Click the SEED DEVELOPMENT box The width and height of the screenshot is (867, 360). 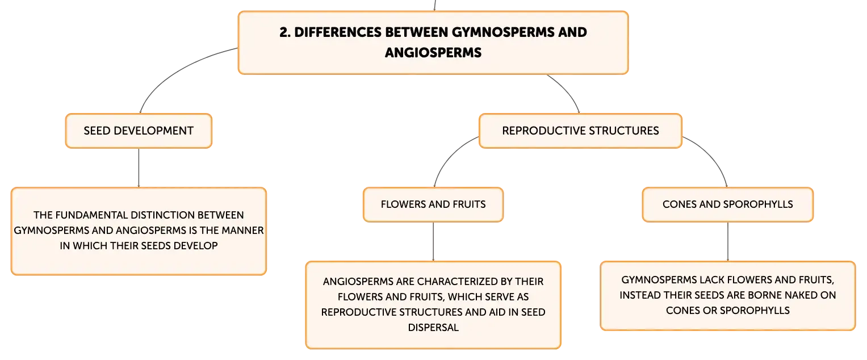pyautogui.click(x=139, y=131)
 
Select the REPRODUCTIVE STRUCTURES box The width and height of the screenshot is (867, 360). pyautogui.click(x=580, y=131)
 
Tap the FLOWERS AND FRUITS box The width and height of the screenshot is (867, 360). pyautogui.click(x=433, y=204)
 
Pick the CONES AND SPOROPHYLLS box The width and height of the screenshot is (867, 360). pyautogui.click(x=728, y=204)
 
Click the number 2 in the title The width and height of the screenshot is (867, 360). pyautogui.click(x=284, y=32)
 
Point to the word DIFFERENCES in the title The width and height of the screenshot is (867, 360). pyautogui.click(x=338, y=32)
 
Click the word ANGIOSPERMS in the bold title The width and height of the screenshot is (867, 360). pyautogui.click(x=433, y=53)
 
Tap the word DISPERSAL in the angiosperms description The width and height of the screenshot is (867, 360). pyautogui.click(x=433, y=328)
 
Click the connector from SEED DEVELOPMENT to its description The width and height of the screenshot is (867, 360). pyautogui.click(x=139, y=168)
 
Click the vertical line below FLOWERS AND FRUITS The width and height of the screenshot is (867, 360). pyautogui.click(x=433, y=242)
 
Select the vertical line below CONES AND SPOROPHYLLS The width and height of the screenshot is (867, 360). pyautogui.click(x=728, y=242)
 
